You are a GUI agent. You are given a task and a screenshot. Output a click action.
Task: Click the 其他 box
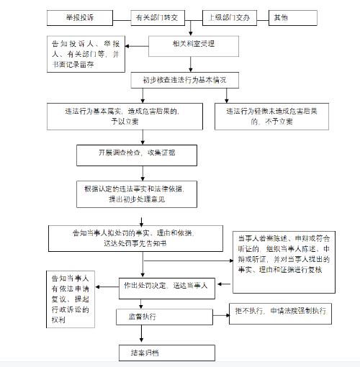click(287, 16)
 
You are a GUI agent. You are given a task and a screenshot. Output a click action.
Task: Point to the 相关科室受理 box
click(193, 45)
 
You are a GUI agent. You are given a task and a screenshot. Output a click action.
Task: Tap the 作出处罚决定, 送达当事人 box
click(165, 286)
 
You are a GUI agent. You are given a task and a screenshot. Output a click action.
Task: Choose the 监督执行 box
click(165, 317)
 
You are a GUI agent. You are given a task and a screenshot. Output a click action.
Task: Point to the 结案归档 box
click(167, 352)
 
